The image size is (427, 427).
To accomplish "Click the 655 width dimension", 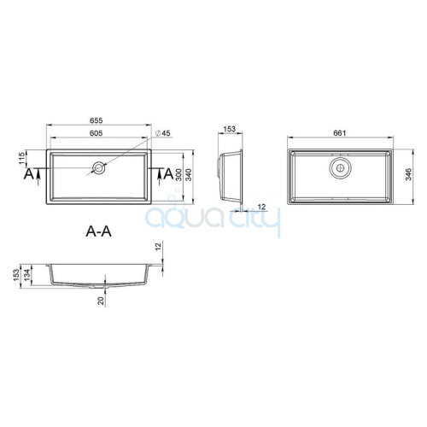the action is (x=97, y=120).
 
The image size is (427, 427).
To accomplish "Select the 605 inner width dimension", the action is (x=97, y=133).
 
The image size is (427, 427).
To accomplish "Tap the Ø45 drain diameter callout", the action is (x=163, y=133).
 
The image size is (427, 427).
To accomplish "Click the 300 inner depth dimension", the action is (x=178, y=175).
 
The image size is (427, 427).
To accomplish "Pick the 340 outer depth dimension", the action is (x=189, y=175).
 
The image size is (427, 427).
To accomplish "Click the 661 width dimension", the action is (x=340, y=133).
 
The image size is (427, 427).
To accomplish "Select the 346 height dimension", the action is (x=408, y=175).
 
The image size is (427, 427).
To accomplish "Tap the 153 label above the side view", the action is (x=230, y=129).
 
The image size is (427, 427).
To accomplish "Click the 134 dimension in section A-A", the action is (x=26, y=275).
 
